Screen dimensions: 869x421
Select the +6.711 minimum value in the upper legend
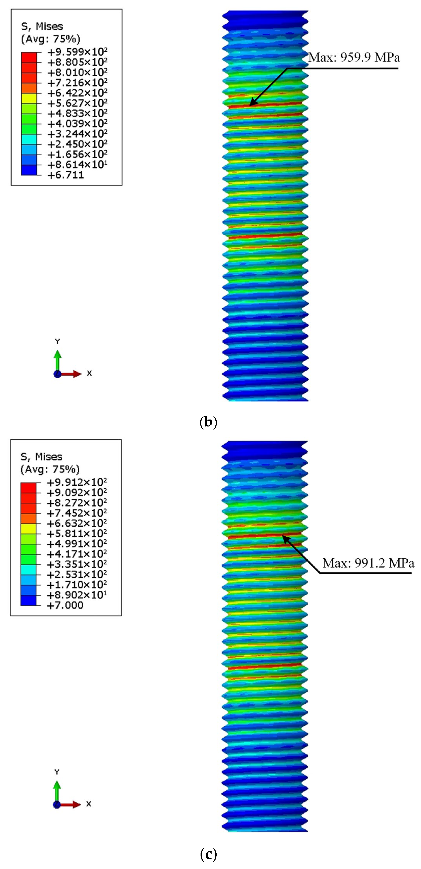tap(65, 175)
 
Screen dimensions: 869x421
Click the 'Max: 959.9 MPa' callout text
tap(354, 58)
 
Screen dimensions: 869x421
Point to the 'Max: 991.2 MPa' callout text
tap(368, 563)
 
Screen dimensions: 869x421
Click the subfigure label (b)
tap(208, 422)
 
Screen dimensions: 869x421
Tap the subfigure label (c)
tap(208, 854)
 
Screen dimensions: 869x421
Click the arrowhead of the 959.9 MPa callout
tap(251, 104)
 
